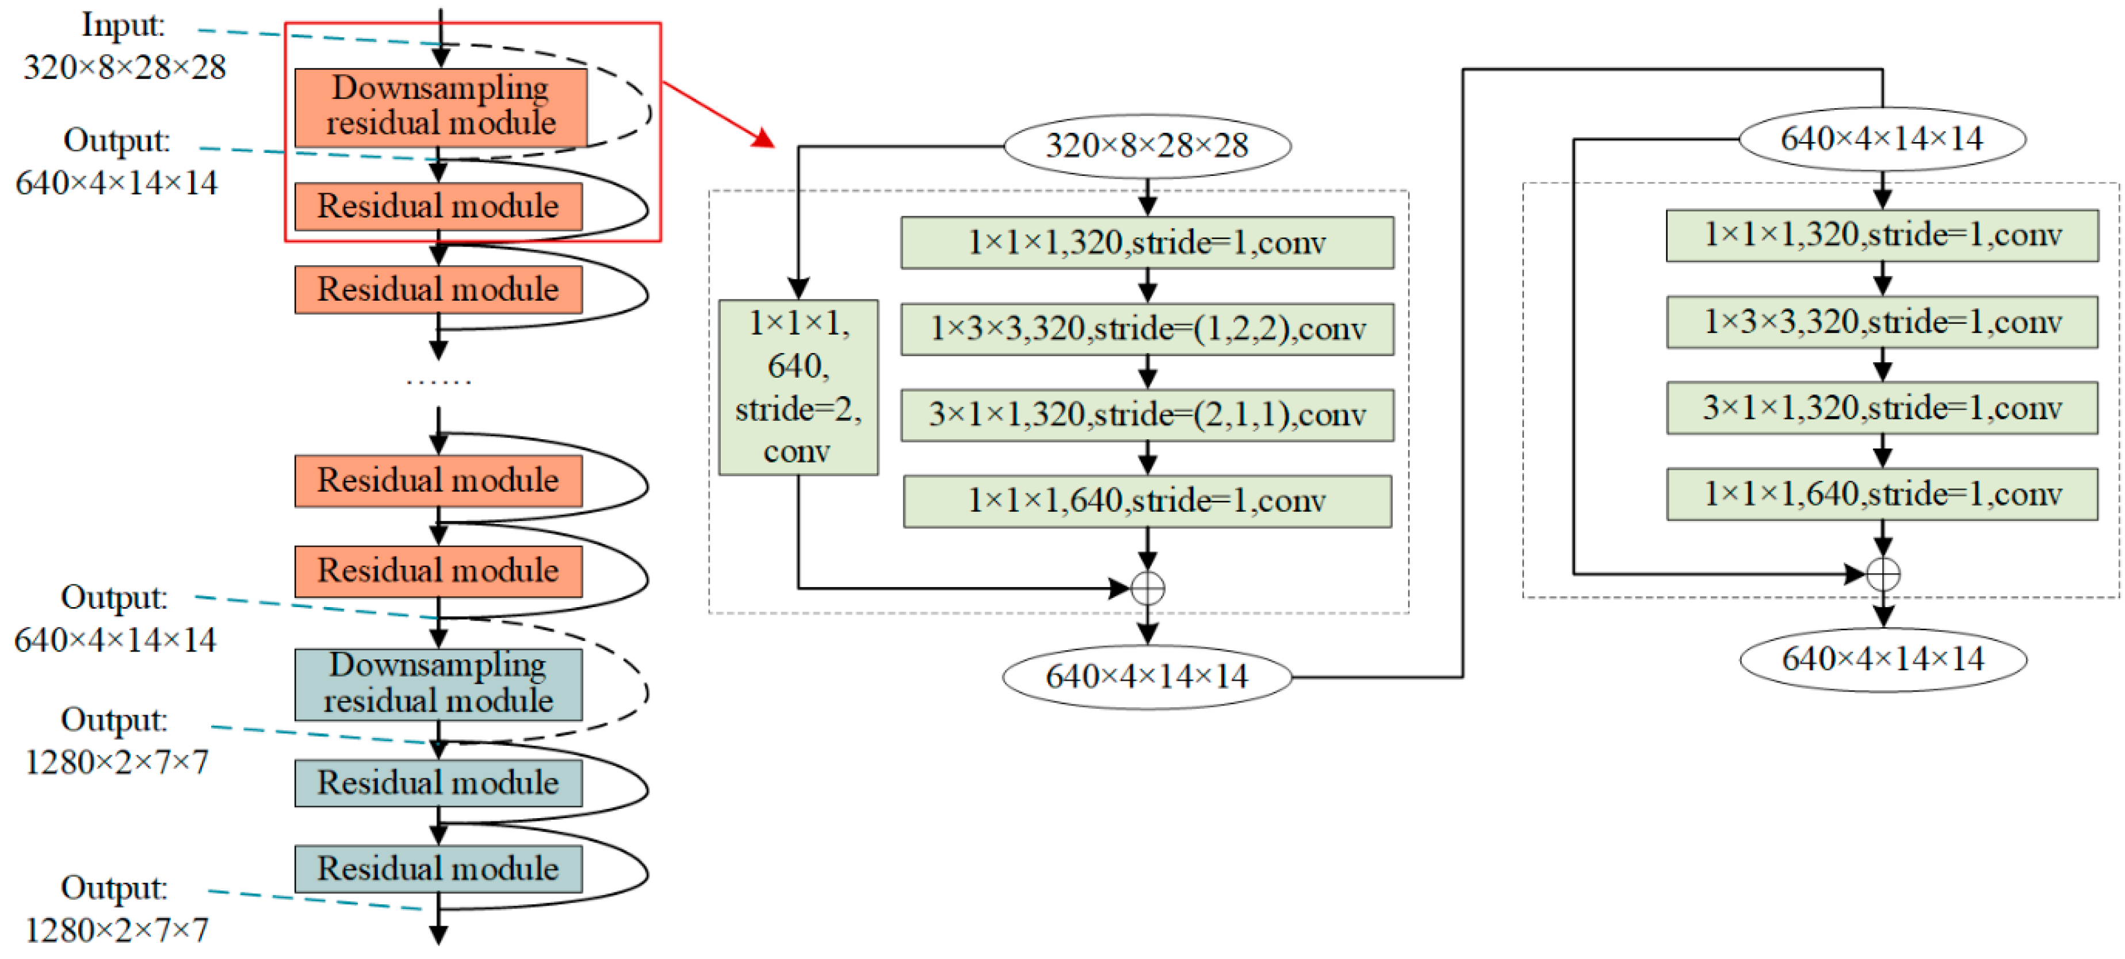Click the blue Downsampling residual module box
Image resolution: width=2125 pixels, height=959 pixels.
[438, 684]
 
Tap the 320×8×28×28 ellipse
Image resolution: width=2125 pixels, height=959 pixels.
[1146, 146]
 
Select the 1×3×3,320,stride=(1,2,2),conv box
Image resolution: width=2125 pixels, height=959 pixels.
[1146, 329]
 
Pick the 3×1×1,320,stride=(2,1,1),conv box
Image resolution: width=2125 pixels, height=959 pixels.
[1146, 415]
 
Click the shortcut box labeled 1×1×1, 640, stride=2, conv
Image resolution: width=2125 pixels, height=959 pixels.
[798, 387]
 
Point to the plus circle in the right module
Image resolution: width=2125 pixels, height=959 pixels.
[1882, 574]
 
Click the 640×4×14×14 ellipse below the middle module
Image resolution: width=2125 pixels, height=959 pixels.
[1146, 677]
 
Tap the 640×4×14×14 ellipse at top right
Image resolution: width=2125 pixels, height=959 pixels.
[1882, 139]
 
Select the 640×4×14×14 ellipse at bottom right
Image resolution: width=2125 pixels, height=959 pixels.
[1882, 659]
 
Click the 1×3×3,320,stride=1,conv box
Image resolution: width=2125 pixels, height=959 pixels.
[1882, 321]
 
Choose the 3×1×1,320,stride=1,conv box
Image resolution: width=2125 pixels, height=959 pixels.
[1882, 408]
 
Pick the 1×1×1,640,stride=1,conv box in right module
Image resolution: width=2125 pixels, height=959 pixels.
[1882, 494]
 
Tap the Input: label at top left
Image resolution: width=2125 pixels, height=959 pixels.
[123, 25]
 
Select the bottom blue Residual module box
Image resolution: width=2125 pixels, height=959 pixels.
[438, 868]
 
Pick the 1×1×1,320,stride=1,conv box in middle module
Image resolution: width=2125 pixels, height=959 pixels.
[1146, 243]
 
